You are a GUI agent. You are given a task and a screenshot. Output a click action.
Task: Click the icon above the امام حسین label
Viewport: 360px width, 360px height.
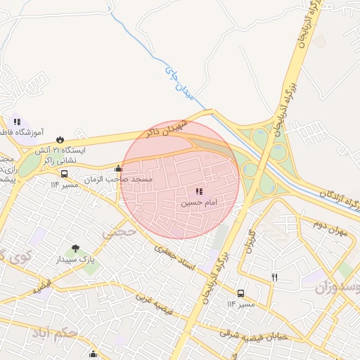click(x=200, y=191)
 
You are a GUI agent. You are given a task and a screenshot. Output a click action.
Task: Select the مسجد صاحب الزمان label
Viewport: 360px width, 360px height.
click(x=118, y=180)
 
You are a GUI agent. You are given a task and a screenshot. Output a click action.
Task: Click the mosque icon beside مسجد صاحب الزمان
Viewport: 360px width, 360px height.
click(x=118, y=168)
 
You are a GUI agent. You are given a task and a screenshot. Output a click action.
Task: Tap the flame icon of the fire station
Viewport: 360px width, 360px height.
click(x=60, y=138)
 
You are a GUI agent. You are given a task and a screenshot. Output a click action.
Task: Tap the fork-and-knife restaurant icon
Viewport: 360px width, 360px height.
click(x=274, y=277)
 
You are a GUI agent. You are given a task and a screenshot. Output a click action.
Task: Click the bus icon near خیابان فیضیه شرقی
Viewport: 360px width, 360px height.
click(x=240, y=293)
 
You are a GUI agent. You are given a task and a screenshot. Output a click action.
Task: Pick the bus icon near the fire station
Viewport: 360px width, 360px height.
click(x=65, y=174)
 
